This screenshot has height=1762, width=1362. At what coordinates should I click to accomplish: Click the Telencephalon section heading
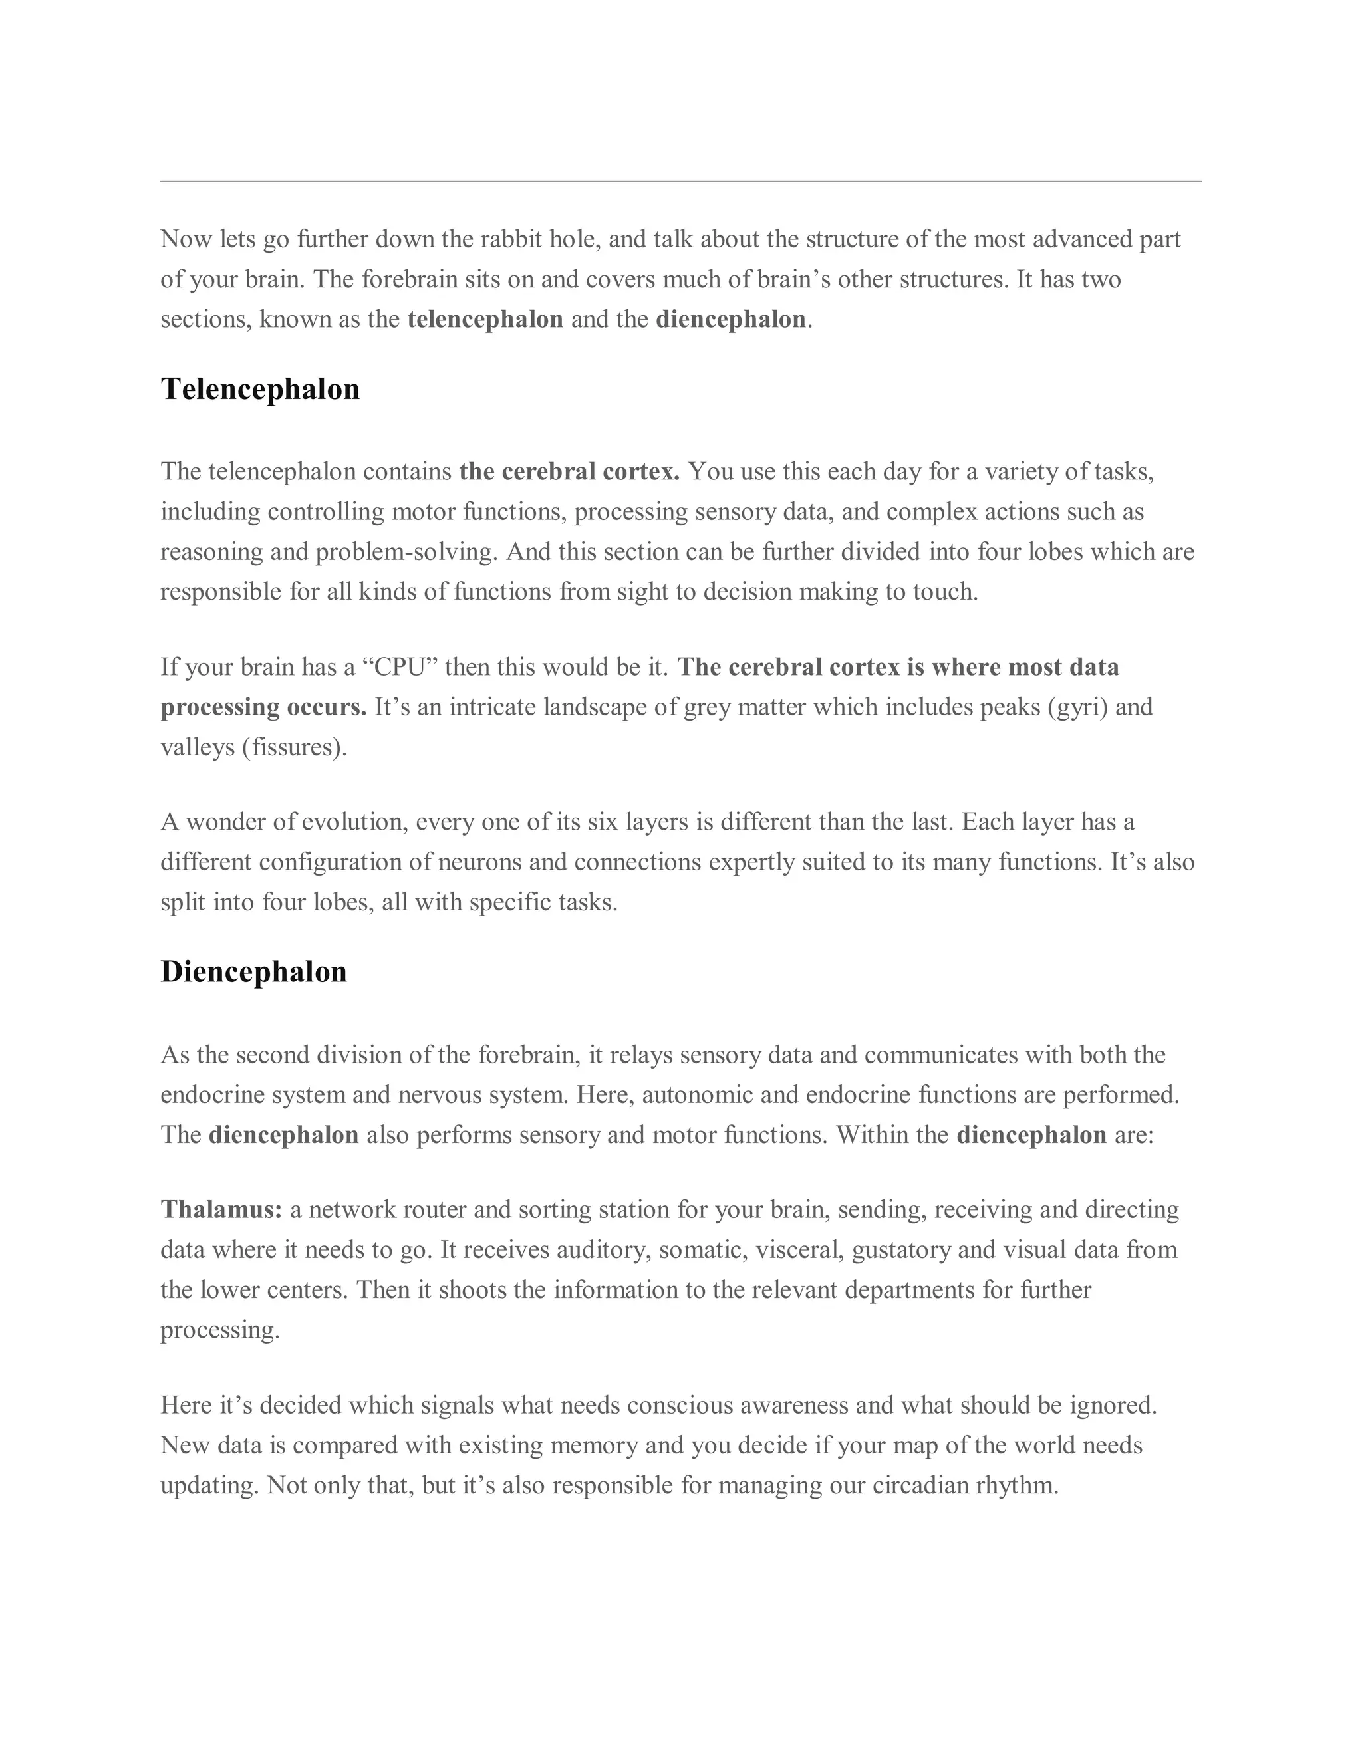click(x=260, y=389)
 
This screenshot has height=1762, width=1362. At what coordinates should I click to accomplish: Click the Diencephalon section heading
click(x=253, y=972)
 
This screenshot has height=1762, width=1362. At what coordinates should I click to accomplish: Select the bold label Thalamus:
click(x=221, y=1210)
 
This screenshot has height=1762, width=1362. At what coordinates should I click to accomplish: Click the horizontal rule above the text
click(x=681, y=182)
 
